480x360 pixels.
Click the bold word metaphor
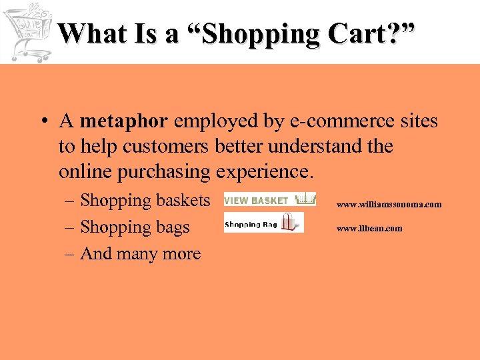[124, 121]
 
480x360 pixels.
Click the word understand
[319, 146]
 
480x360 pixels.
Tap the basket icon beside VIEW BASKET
[305, 199]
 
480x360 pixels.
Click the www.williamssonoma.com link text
[389, 205]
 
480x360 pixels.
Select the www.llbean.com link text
[369, 229]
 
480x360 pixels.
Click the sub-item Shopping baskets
[145, 200]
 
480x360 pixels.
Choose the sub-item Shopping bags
[135, 227]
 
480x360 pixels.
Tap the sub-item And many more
[140, 253]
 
